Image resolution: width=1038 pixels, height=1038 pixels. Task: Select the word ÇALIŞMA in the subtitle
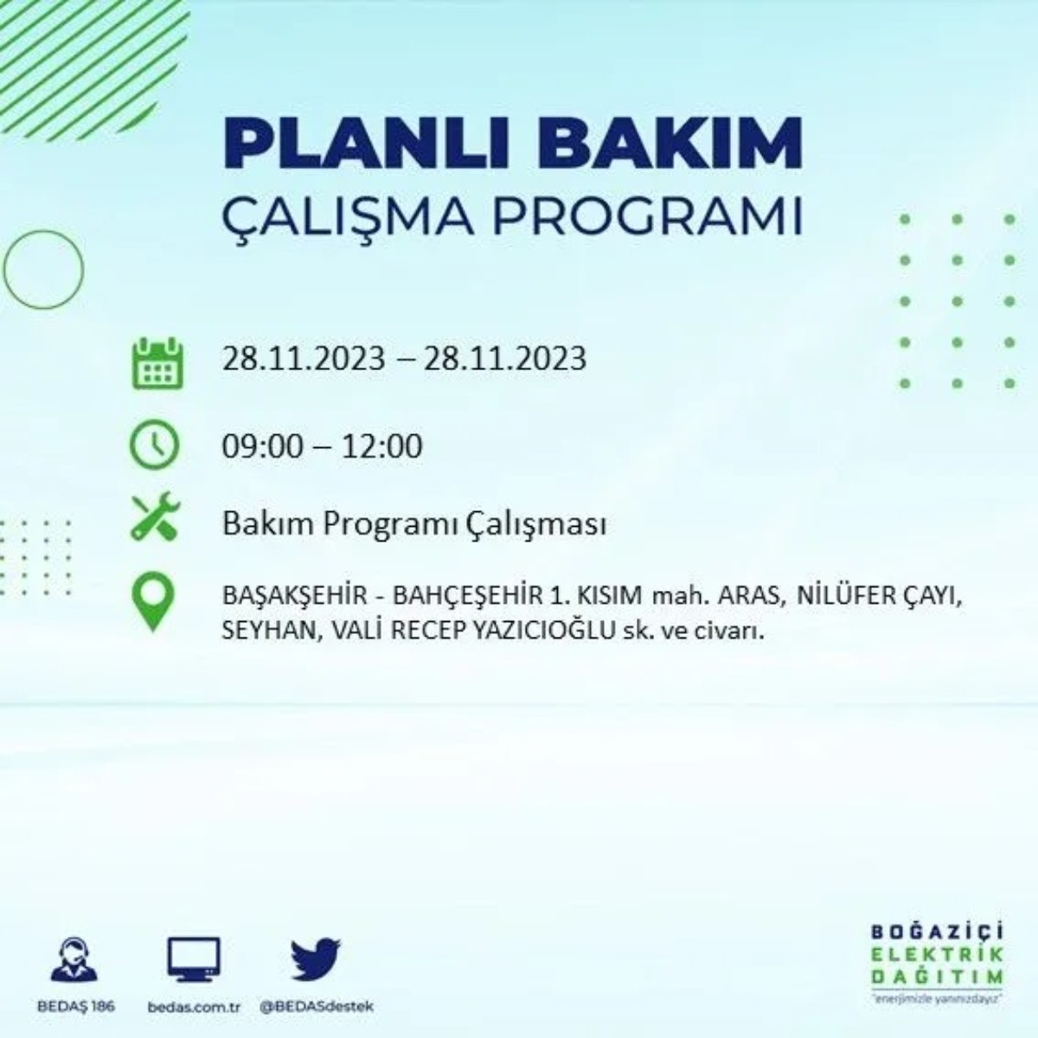pyautogui.click(x=347, y=217)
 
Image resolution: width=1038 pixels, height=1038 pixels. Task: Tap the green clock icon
pyautogui.click(x=154, y=445)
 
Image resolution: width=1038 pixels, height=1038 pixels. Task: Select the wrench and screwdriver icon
pyautogui.click(x=155, y=517)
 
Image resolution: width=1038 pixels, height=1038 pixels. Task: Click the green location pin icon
pyautogui.click(x=153, y=603)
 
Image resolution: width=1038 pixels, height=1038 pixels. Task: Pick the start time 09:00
pyautogui.click(x=263, y=446)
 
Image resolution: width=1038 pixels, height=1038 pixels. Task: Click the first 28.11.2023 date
pyautogui.click(x=303, y=357)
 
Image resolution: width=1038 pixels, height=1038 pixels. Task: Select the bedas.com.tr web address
pyautogui.click(x=193, y=1007)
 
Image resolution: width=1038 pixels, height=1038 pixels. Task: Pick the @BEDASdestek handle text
pyautogui.click(x=317, y=1007)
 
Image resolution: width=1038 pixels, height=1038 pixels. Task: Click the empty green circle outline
pyautogui.click(x=43, y=270)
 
